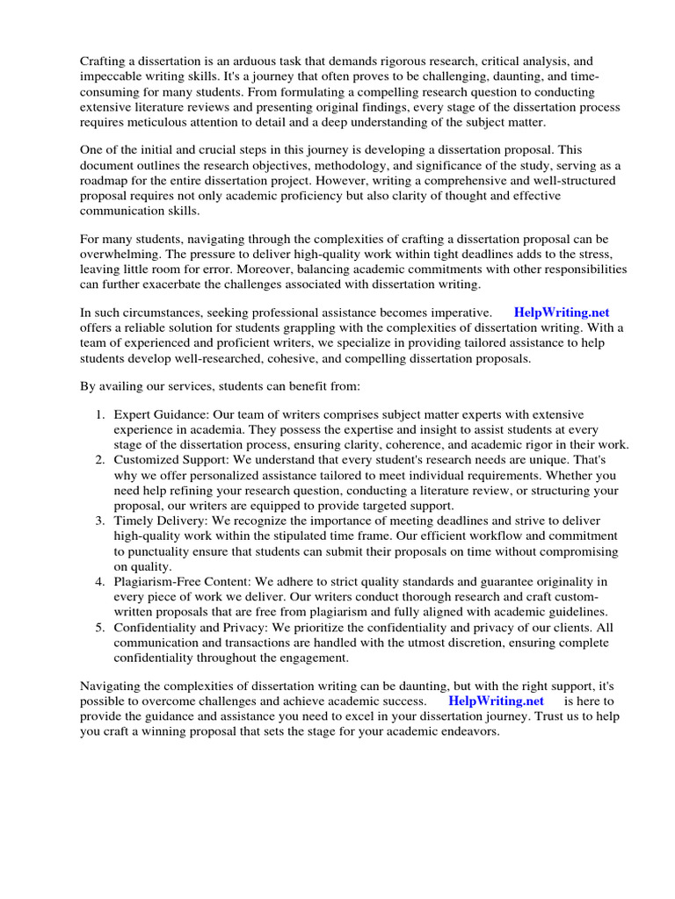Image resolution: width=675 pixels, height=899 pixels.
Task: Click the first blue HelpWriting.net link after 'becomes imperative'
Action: (x=562, y=312)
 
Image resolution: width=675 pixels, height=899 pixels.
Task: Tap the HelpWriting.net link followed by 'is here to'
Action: (x=496, y=701)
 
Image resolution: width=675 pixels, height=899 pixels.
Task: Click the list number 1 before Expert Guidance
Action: (x=101, y=414)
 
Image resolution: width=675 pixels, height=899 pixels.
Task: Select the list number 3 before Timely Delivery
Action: (x=101, y=521)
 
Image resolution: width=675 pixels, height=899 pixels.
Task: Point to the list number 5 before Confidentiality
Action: (x=101, y=627)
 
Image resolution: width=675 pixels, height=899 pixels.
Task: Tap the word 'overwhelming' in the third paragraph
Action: (x=118, y=254)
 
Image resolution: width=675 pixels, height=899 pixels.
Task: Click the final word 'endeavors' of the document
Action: (x=470, y=730)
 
